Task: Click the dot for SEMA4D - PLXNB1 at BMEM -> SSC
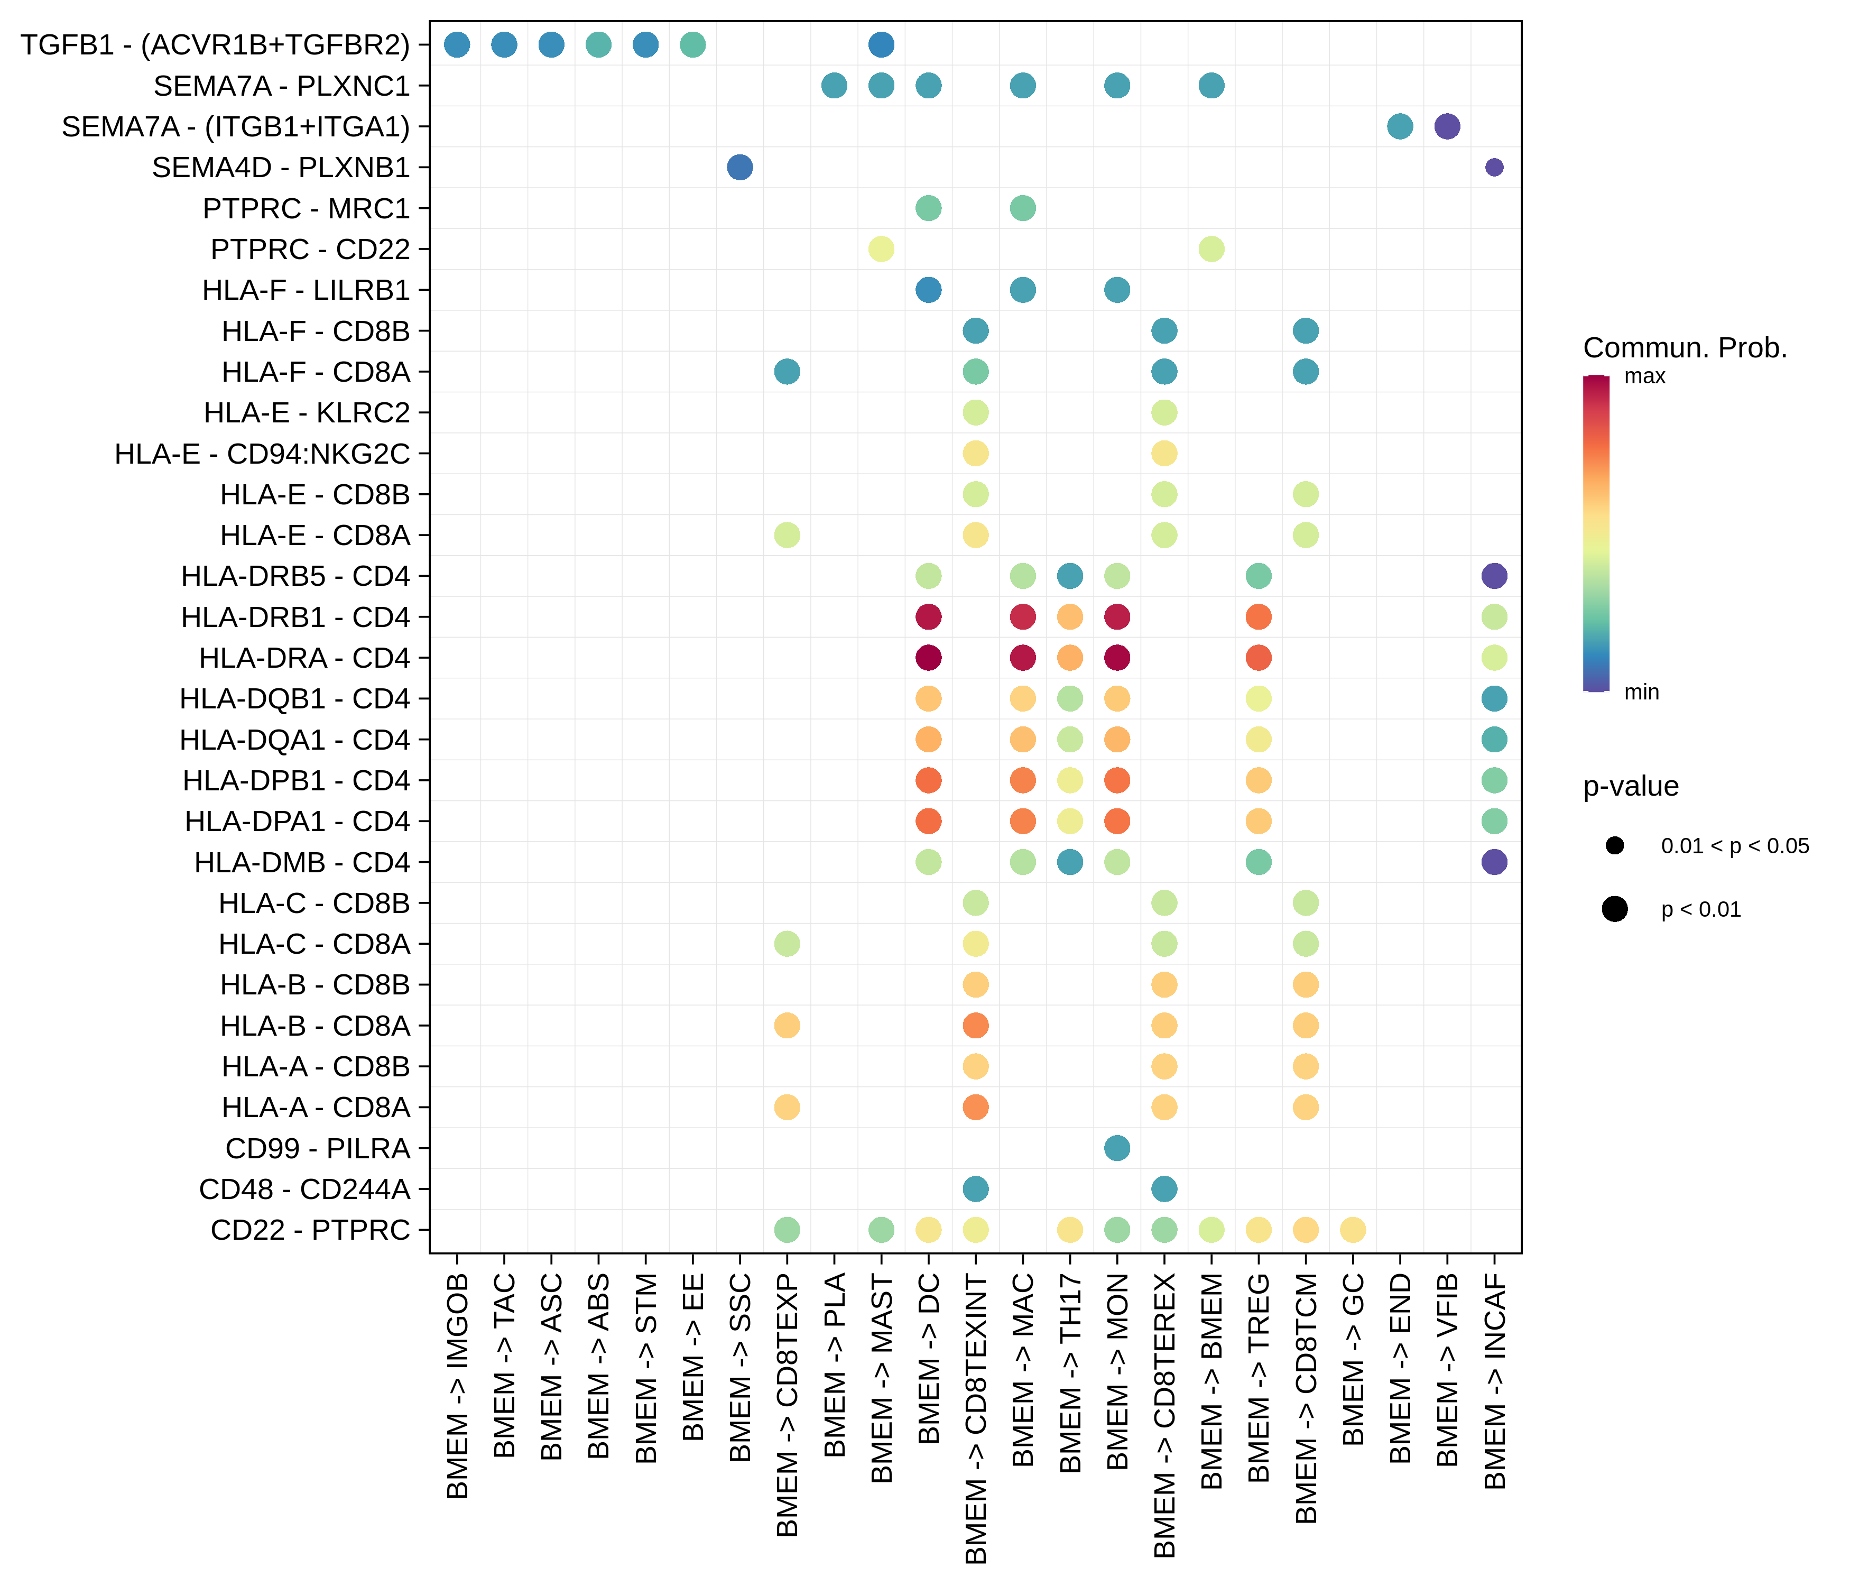pos(739,167)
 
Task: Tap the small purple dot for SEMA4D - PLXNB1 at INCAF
pos(1494,167)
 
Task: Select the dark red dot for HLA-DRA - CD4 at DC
pos(929,658)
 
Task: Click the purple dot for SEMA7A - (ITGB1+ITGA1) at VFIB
pos(1447,127)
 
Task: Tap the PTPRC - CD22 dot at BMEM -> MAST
pos(881,249)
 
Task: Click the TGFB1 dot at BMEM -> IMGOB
pos(457,44)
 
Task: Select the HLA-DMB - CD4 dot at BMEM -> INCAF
pos(1494,863)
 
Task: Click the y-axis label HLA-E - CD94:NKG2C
pos(262,454)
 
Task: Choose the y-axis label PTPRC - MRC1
pos(306,209)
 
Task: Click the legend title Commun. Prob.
pos(1685,348)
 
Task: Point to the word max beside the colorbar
pos(1644,376)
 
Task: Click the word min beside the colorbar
pos(1641,692)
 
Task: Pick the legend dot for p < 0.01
pos(1614,909)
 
